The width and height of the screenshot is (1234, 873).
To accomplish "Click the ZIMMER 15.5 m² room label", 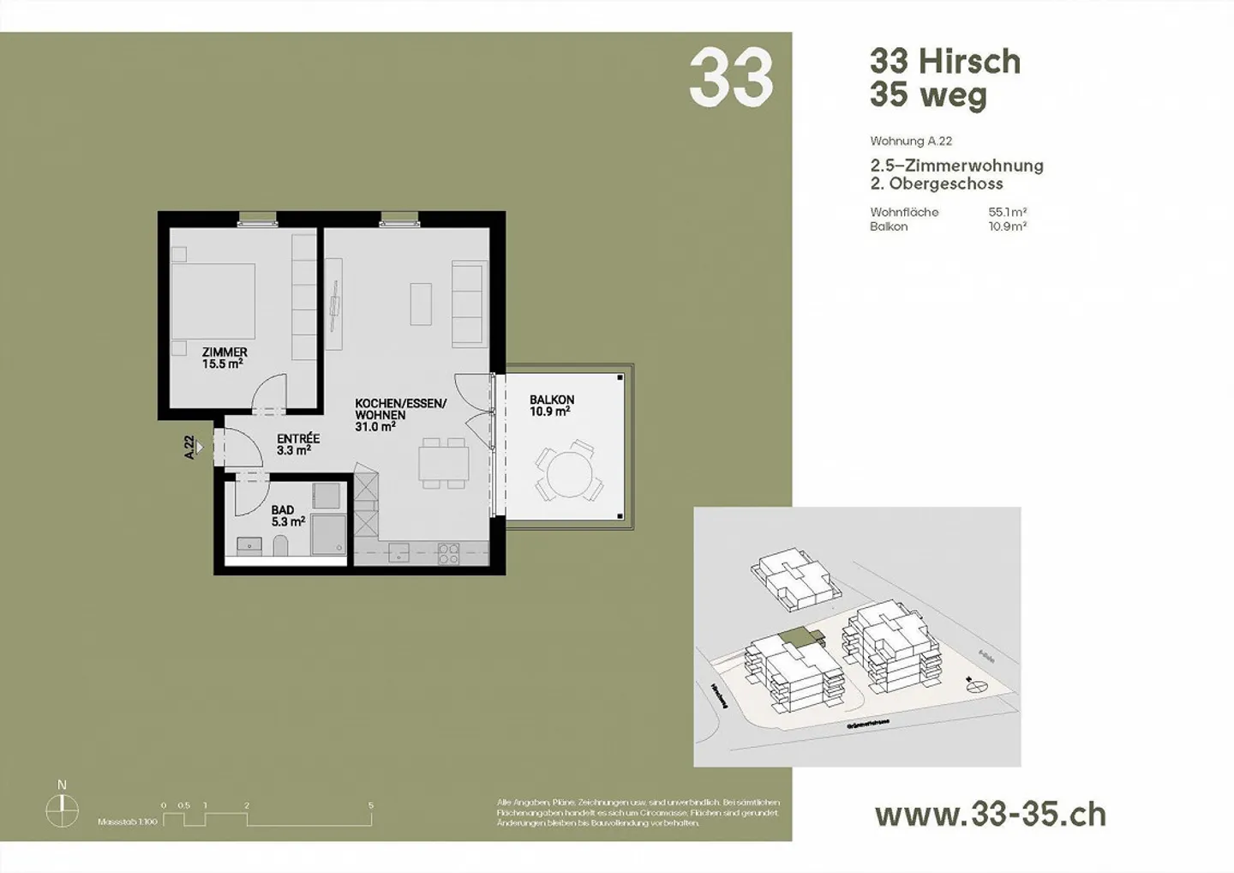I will (225, 358).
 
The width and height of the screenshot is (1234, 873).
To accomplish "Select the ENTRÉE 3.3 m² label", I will (297, 443).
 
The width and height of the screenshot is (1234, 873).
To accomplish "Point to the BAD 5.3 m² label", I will (287, 515).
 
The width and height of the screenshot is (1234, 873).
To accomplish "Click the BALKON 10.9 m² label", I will (551, 406).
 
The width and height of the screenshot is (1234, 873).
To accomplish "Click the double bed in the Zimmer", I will (214, 302).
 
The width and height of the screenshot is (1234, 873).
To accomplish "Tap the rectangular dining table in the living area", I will (443, 464).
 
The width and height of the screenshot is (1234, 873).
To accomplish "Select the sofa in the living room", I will (467, 304).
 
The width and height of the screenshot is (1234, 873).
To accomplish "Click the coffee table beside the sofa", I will (420, 304).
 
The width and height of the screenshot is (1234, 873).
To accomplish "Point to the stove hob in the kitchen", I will (449, 554).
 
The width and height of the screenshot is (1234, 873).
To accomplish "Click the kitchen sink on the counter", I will (399, 553).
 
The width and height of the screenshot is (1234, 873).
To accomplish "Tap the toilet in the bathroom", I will (280, 545).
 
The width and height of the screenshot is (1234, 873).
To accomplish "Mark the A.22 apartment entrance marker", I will (194, 448).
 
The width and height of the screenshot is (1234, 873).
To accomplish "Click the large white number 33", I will (730, 78).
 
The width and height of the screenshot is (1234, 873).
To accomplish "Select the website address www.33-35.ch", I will (990, 814).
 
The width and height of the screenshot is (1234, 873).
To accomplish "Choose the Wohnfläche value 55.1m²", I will (1008, 212).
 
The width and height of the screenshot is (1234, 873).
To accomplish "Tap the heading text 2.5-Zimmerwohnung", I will (956, 166).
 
